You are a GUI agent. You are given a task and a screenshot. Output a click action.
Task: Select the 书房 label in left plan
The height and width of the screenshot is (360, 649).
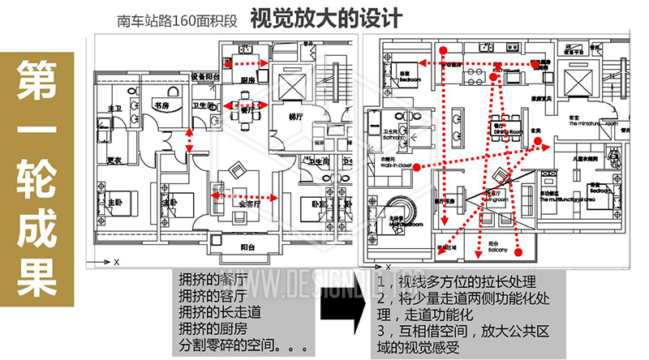(161, 105)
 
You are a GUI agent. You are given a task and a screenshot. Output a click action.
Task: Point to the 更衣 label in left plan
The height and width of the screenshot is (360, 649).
(114, 160)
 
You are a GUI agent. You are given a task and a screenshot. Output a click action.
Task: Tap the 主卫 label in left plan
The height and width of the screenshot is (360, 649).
(114, 108)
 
